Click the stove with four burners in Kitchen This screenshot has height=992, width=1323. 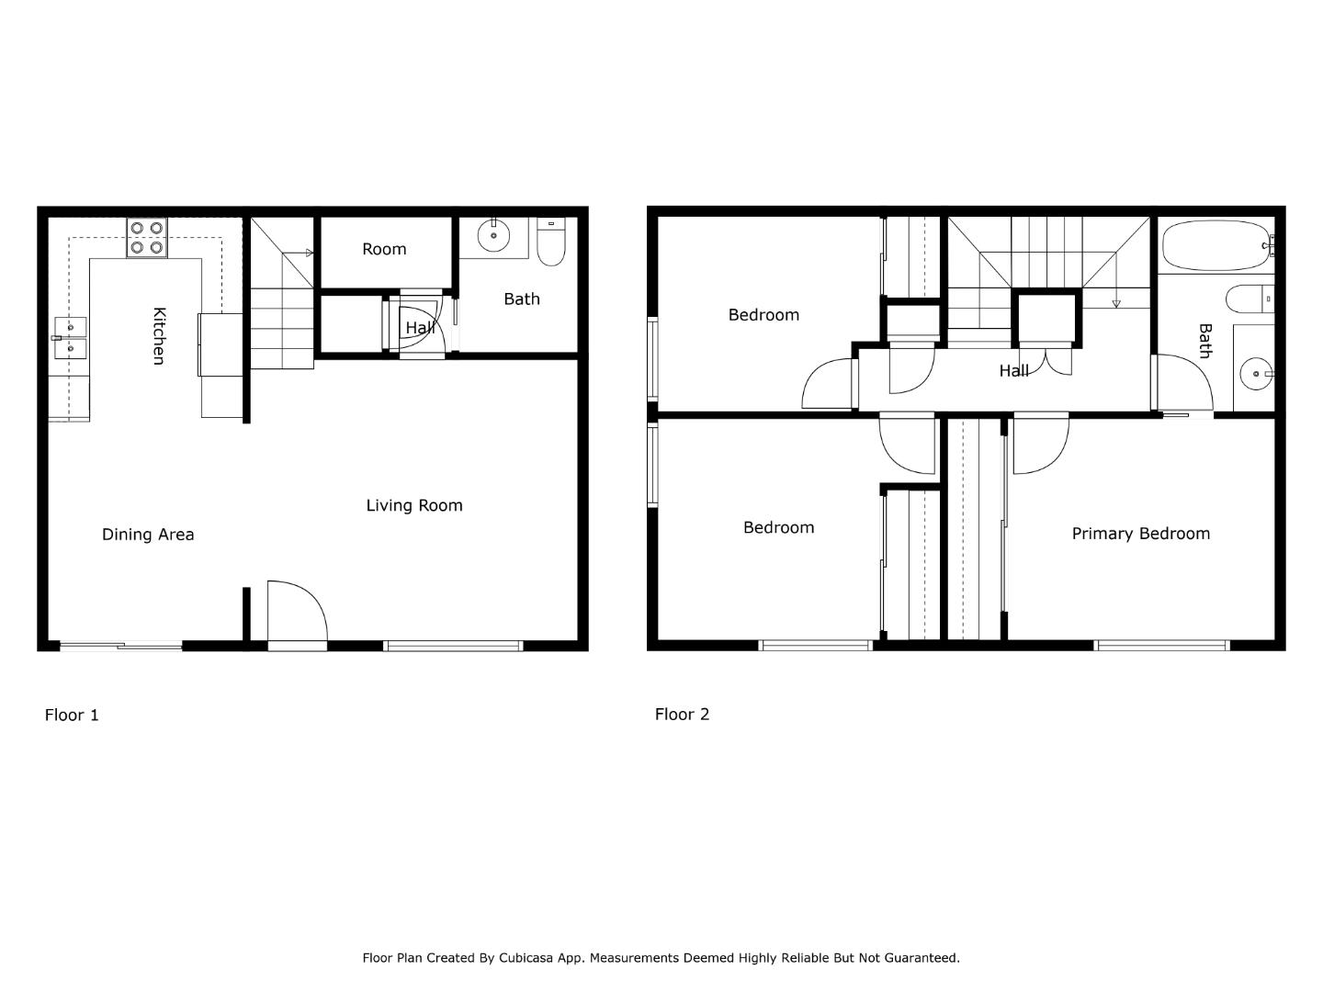[x=147, y=238]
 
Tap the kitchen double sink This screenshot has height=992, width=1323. [x=70, y=337]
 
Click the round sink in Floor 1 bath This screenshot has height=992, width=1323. [x=494, y=236]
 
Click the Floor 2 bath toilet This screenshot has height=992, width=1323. [x=1249, y=299]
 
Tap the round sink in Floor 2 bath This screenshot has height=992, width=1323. [x=1256, y=374]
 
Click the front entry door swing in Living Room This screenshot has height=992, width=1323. [x=296, y=612]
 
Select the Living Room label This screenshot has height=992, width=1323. [x=414, y=505]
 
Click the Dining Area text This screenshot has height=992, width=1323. [x=148, y=535]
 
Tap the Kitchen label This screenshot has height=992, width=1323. [x=159, y=335]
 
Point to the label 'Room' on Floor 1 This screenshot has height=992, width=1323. [x=384, y=249]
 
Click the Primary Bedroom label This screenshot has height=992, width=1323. [x=1140, y=534]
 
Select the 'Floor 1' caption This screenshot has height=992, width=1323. [x=72, y=715]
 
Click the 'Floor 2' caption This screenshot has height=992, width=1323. [x=682, y=714]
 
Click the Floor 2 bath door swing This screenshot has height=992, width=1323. [x=1182, y=384]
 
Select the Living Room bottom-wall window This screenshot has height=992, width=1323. [x=453, y=646]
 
